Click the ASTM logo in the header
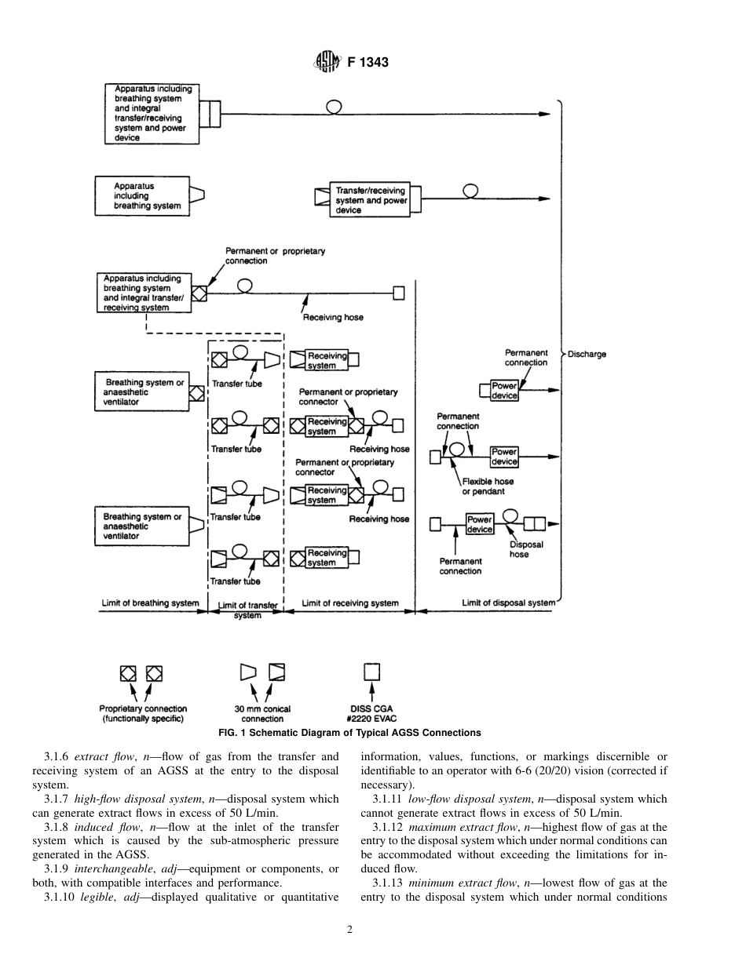pyautogui.click(x=327, y=62)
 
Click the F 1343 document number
pyautogui.click(x=368, y=63)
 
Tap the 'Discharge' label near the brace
pyautogui.click(x=587, y=355)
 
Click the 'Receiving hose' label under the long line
pyautogui.click(x=333, y=318)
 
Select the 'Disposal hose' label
pyautogui.click(x=519, y=549)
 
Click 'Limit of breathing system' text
pyautogui.click(x=150, y=603)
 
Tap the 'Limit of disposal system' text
pyautogui.click(x=508, y=603)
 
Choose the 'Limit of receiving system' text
pyautogui.click(x=350, y=603)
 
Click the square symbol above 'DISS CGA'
pyautogui.click(x=371, y=672)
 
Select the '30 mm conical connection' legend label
pyautogui.click(x=262, y=714)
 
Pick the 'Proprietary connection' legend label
pyautogui.click(x=144, y=714)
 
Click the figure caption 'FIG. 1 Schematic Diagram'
pyautogui.click(x=350, y=733)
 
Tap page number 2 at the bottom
pyautogui.click(x=349, y=930)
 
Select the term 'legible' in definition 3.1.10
pyautogui.click(x=99, y=897)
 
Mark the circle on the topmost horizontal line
pyautogui.click(x=334, y=107)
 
